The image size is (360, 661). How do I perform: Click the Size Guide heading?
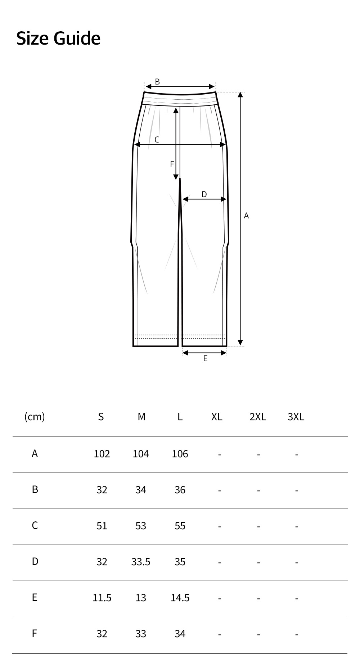click(x=58, y=39)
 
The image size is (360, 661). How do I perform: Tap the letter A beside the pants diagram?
click(x=246, y=216)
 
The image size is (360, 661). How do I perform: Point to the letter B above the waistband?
click(x=157, y=82)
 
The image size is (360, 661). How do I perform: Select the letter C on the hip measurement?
click(x=157, y=140)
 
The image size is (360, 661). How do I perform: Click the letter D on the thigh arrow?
click(x=204, y=194)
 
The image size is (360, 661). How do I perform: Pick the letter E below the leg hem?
click(x=205, y=358)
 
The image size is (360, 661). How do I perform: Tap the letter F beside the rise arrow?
click(x=172, y=164)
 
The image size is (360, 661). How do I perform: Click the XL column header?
click(x=217, y=417)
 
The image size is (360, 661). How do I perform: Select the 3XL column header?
click(x=296, y=417)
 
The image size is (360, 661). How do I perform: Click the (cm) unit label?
click(x=35, y=417)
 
